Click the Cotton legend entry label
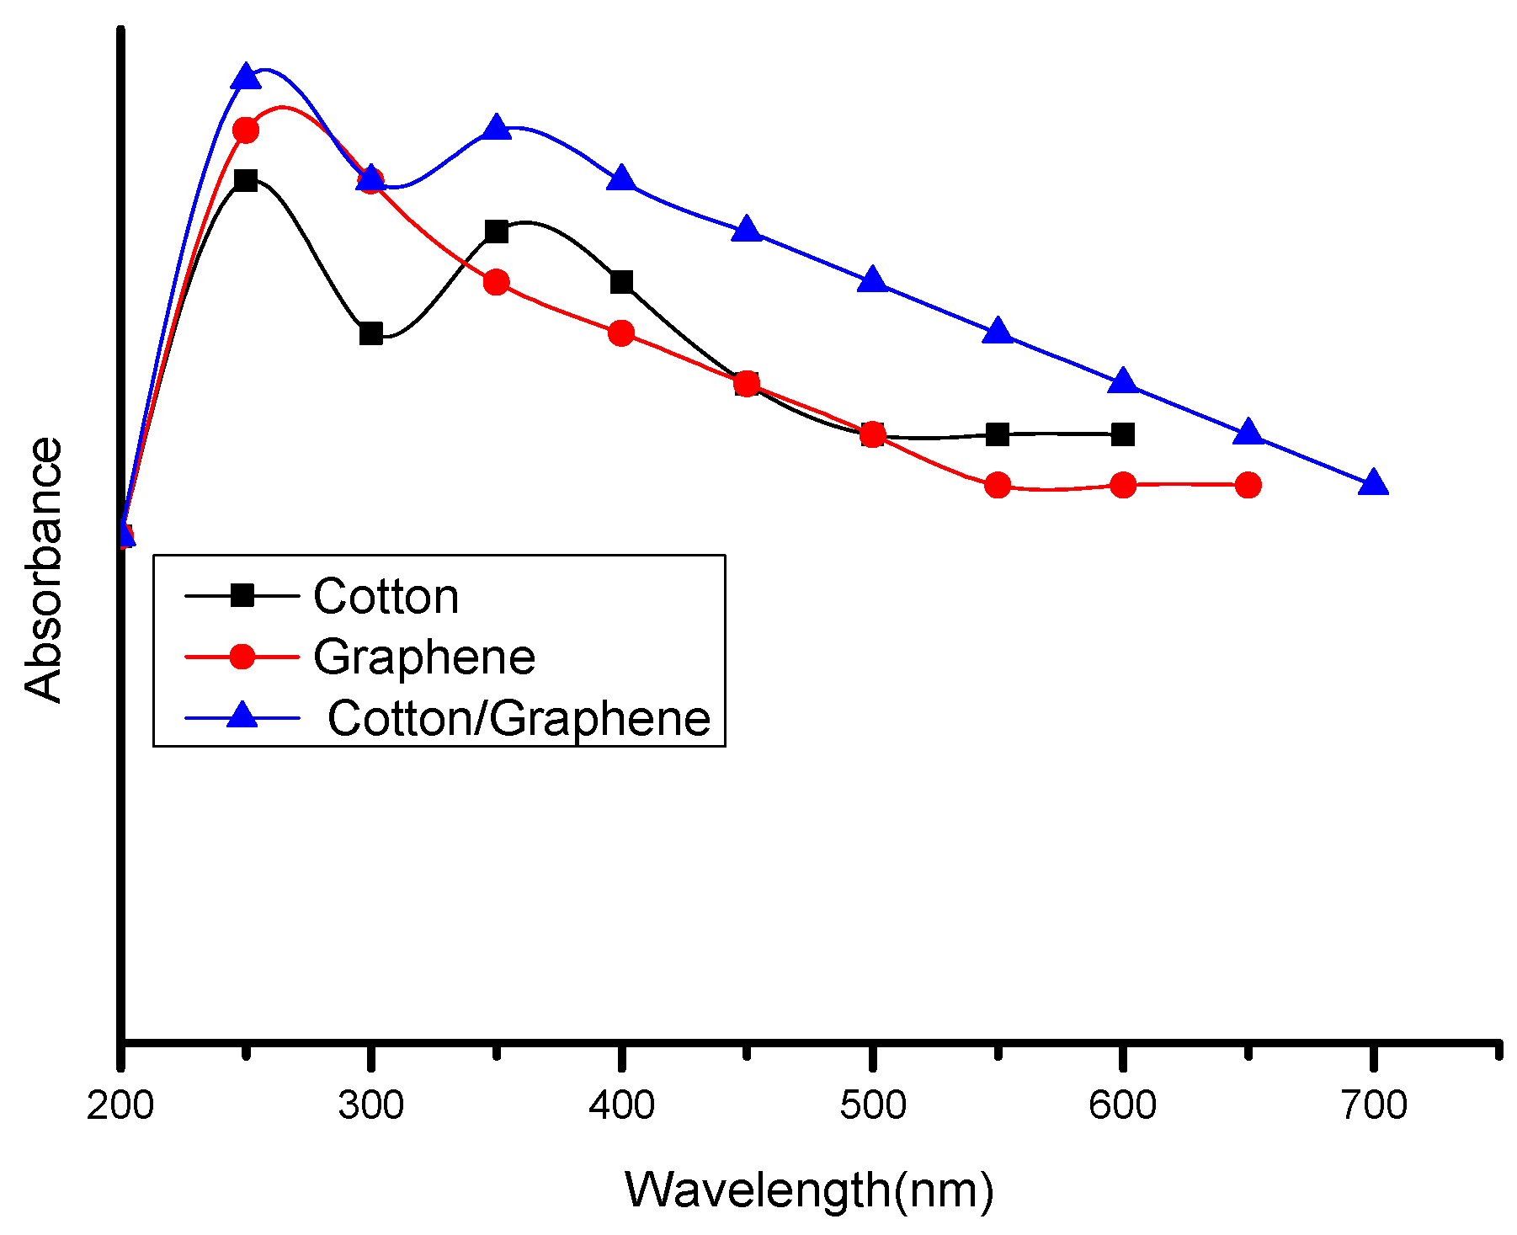pos(386,597)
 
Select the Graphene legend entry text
pos(424,657)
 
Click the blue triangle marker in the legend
pos(243,716)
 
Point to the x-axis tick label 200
pos(120,1105)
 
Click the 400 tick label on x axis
pos(621,1105)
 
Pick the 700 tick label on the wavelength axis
pos(1373,1105)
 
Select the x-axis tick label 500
pos(872,1105)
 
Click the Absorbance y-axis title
pos(44,569)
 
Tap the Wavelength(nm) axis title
pos(808,1190)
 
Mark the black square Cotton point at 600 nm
pos(1122,434)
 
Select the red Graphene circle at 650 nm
pos(1248,485)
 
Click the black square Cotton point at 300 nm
pos(370,333)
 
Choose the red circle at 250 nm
pos(245,130)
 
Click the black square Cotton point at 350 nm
pos(497,232)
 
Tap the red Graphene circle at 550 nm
pos(998,485)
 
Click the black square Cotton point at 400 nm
pos(621,282)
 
